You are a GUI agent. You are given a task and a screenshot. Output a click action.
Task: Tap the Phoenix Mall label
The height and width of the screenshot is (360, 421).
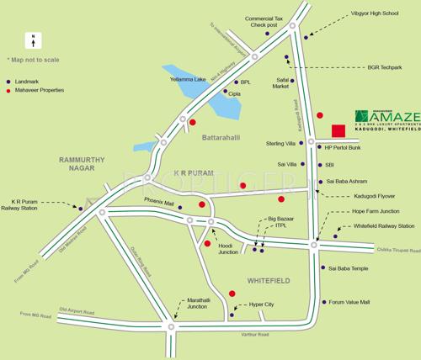(159, 201)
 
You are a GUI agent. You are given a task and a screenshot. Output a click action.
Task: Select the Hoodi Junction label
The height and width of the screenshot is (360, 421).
(228, 250)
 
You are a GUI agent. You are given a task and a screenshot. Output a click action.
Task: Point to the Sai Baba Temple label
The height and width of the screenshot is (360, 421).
(349, 268)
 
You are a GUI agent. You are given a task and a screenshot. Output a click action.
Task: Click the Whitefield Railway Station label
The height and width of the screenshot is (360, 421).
(383, 226)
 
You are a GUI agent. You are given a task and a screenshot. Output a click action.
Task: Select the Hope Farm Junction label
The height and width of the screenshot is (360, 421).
(376, 210)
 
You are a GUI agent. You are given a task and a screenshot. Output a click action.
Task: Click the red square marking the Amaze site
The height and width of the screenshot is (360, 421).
(338, 130)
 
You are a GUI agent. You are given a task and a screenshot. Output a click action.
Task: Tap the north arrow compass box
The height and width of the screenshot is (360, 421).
(31, 40)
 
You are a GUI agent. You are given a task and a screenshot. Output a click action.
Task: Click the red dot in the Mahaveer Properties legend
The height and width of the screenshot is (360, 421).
(10, 88)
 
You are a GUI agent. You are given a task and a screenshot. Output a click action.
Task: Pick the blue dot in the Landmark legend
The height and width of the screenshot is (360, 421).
(10, 78)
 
